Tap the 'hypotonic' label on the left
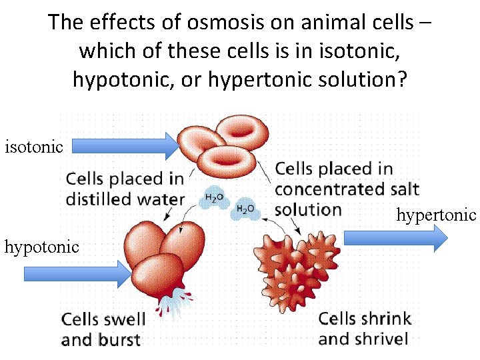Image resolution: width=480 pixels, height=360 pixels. pyautogui.click(x=41, y=247)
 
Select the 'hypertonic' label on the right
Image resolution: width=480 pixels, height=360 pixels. pyautogui.click(x=437, y=215)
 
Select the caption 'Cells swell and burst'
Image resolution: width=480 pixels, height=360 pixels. pyautogui.click(x=103, y=329)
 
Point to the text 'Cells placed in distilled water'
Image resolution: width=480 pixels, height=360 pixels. pyautogui.click(x=125, y=189)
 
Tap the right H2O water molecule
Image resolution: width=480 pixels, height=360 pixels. pyautogui.click(x=245, y=209)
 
